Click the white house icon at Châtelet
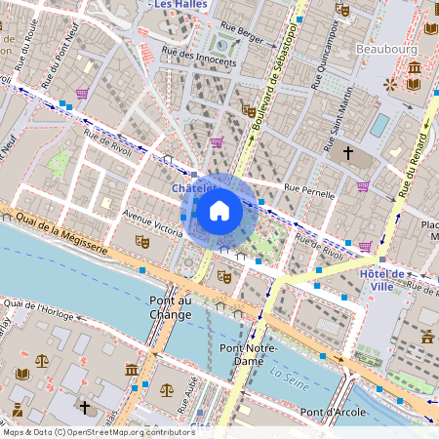[219, 210]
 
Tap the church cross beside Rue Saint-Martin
[348, 153]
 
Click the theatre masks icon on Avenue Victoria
[142, 241]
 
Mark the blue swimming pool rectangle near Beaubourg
[379, 125]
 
